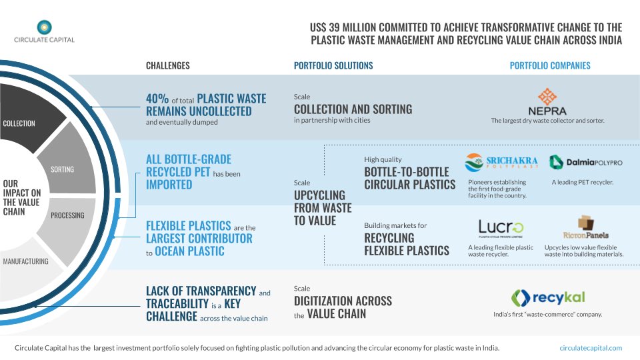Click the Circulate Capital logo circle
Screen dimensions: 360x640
pyautogui.click(x=44, y=27)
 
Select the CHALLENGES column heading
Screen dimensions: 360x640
pyautogui.click(x=168, y=66)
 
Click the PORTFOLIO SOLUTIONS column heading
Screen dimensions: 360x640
pyautogui.click(x=333, y=66)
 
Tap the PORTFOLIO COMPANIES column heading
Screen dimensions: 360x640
pyautogui.click(x=550, y=66)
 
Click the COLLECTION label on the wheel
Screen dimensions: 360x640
pyautogui.click(x=19, y=123)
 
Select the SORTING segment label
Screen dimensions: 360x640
pyautogui.click(x=63, y=169)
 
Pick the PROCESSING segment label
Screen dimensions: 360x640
pyautogui.click(x=67, y=215)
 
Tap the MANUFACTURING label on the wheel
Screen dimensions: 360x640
pyautogui.click(x=25, y=261)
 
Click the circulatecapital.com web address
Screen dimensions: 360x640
pyautogui.click(x=591, y=347)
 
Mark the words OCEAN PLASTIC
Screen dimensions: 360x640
pyautogui.click(x=188, y=251)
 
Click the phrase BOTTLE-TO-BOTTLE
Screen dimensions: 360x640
pyautogui.click(x=407, y=172)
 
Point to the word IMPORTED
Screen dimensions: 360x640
pyautogui.click(x=169, y=184)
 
